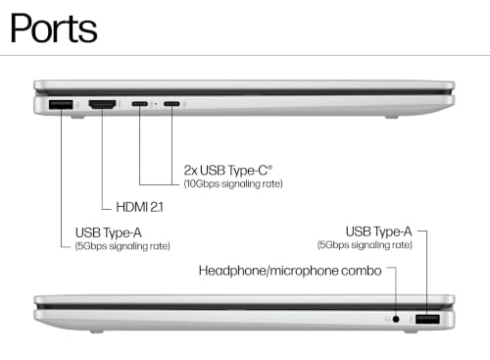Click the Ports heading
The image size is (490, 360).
click(54, 28)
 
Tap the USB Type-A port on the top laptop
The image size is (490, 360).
click(61, 105)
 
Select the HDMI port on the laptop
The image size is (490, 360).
click(103, 105)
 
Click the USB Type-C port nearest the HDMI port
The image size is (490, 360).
click(140, 104)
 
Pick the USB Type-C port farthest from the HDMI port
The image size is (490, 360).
click(171, 104)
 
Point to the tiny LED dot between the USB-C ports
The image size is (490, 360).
click(156, 104)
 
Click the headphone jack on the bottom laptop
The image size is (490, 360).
click(396, 319)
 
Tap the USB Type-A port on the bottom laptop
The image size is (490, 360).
click(427, 319)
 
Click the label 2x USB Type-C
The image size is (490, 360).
click(228, 171)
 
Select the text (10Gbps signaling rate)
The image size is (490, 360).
click(233, 183)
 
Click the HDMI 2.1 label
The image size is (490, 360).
click(139, 207)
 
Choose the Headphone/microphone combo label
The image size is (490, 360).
click(290, 271)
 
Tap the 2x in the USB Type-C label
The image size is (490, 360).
click(190, 171)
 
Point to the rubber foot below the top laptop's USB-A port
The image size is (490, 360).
click(77, 116)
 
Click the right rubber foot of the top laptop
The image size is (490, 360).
click(392, 116)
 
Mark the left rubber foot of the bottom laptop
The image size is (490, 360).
click(97, 332)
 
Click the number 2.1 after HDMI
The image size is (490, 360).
click(157, 207)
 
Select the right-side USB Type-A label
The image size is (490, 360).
click(379, 231)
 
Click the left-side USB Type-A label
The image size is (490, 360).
click(109, 232)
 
